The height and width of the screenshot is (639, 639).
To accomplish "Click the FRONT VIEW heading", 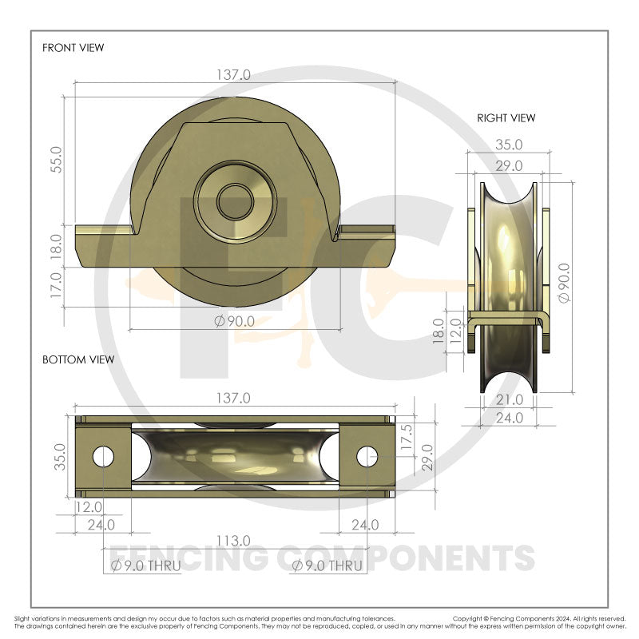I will (x=73, y=48).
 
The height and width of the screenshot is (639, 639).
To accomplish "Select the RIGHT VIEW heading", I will (x=506, y=118).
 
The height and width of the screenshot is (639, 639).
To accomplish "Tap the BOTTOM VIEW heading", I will (x=77, y=359).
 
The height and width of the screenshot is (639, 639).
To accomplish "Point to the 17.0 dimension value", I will (x=55, y=286).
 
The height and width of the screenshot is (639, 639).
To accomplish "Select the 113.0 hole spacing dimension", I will (x=233, y=542).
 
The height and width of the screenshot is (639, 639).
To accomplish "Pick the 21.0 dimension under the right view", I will (x=509, y=399).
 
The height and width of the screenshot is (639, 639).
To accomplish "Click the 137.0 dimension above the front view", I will (x=233, y=74).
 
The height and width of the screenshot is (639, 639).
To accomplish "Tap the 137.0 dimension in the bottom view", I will (x=233, y=397).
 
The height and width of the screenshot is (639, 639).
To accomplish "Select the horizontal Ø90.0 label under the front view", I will (x=234, y=321).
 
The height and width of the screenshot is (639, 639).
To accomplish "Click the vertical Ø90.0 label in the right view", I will (x=566, y=283).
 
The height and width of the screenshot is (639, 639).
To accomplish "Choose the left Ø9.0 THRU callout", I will (x=145, y=566).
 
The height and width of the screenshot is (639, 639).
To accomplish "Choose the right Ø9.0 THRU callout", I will (x=327, y=566).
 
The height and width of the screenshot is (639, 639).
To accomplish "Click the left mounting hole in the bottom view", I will (x=103, y=456).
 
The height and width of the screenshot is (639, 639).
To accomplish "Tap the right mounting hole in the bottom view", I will (x=366, y=456).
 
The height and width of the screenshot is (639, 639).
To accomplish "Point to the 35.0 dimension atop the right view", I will (x=509, y=145).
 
